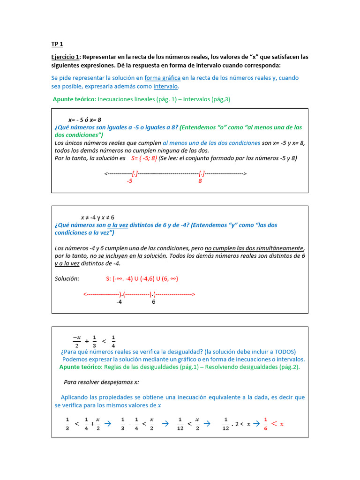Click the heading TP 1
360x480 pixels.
57,44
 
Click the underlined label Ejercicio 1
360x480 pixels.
65,57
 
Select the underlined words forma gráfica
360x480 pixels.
162,78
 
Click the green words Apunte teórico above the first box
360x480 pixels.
74,99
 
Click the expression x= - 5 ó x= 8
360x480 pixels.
85,120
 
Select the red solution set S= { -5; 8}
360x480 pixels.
144,158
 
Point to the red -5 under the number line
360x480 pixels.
130,181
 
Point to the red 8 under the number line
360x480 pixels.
200,181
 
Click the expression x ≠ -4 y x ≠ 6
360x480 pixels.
97,217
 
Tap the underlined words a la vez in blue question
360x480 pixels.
118,225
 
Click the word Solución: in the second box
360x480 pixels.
67,278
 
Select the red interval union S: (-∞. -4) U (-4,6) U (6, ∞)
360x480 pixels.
142,278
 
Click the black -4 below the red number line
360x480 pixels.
119,302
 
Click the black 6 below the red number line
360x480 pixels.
153,302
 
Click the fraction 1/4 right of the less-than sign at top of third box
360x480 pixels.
113,341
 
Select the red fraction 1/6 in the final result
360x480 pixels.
265,424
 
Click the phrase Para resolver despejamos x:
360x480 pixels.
101,382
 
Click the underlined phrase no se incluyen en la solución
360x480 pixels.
128,256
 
